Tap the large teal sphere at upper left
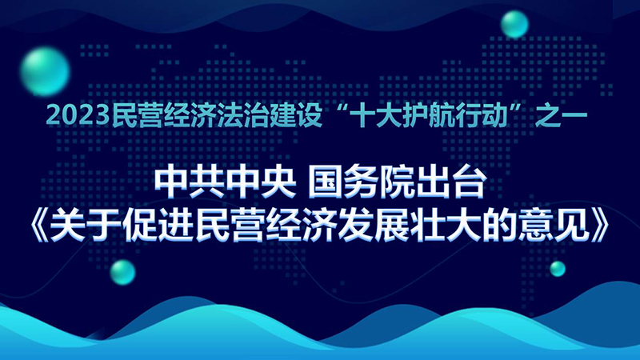pos(45,71)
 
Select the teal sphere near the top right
pos(514,25)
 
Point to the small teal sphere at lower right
pos(558,269)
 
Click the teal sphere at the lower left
pos(122,272)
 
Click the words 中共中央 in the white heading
pos(226,184)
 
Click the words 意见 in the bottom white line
pos(556,227)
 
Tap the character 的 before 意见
pos(502,227)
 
